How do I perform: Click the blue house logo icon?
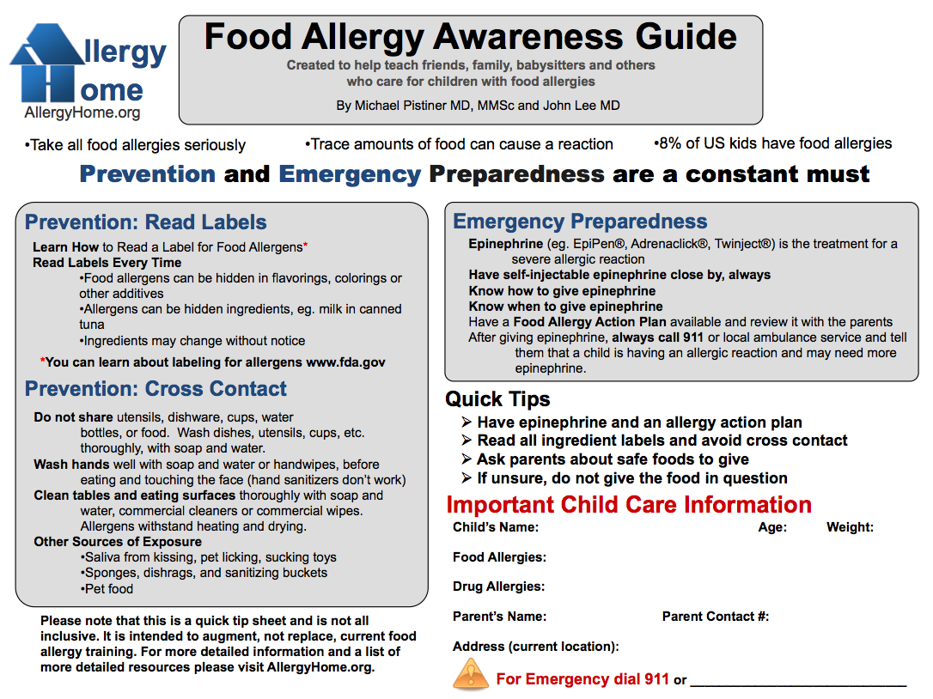click(47, 63)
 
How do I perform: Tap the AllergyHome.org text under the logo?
click(82, 112)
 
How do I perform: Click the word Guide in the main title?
click(686, 37)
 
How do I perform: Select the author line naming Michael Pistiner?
click(478, 106)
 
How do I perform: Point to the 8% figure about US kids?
click(670, 143)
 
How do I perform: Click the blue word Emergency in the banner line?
click(350, 174)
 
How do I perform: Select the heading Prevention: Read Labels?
click(146, 222)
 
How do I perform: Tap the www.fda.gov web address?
click(345, 362)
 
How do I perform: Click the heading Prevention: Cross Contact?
click(155, 388)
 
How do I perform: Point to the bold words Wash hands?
click(71, 464)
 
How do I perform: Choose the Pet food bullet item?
click(107, 588)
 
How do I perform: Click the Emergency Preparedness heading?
click(580, 222)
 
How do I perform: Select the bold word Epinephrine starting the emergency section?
click(506, 244)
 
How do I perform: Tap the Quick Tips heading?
click(497, 398)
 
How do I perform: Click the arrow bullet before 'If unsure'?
click(466, 477)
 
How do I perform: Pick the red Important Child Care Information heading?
click(629, 504)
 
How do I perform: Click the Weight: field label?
click(850, 527)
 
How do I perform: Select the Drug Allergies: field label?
click(498, 587)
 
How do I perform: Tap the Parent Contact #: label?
click(716, 617)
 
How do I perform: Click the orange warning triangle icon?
click(471, 675)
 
